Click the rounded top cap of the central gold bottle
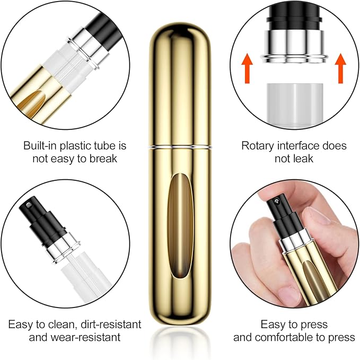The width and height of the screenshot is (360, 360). tap(180, 48)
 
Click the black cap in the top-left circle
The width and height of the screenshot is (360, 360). tap(95, 37)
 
